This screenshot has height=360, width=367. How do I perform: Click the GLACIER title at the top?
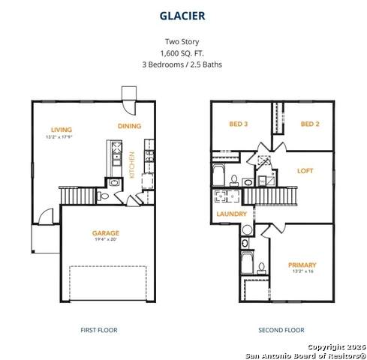click(x=183, y=14)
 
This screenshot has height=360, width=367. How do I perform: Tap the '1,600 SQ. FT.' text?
click(x=183, y=54)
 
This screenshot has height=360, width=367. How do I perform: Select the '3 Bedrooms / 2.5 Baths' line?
click(x=183, y=64)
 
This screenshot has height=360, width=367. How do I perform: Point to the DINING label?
click(x=130, y=126)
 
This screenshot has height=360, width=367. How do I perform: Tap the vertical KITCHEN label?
click(x=131, y=166)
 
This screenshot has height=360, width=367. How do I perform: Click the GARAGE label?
click(x=106, y=233)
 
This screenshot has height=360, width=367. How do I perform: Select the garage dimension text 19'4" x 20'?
click(x=106, y=241)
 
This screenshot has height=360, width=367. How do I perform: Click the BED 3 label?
click(x=239, y=124)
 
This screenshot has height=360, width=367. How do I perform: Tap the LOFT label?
click(x=305, y=170)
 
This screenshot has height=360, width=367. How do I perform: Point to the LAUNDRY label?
click(x=231, y=214)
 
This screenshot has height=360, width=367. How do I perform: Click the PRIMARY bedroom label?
click(x=302, y=265)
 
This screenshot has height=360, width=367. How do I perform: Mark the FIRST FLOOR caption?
click(x=98, y=329)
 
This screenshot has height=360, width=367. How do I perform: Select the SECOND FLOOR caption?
click(x=281, y=329)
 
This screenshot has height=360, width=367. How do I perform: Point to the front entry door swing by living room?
click(x=47, y=216)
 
